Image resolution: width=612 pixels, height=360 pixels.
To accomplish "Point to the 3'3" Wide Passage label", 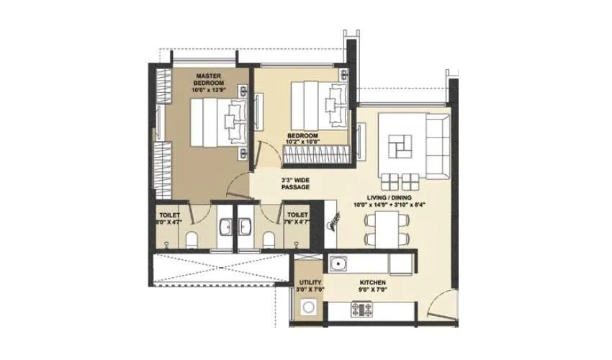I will point(295,184).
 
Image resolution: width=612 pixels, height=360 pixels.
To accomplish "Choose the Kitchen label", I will point(374,282).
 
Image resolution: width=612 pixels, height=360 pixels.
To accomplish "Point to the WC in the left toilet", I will point(192,240).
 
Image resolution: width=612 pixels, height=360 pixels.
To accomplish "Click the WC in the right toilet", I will point(269,239).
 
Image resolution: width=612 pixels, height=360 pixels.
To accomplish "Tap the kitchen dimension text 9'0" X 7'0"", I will point(374,290).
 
